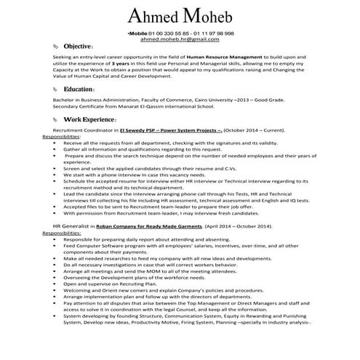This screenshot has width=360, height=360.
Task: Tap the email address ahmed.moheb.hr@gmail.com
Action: (180, 40)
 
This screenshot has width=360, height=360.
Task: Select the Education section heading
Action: (79, 89)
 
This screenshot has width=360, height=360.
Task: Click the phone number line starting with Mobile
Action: (180, 33)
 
